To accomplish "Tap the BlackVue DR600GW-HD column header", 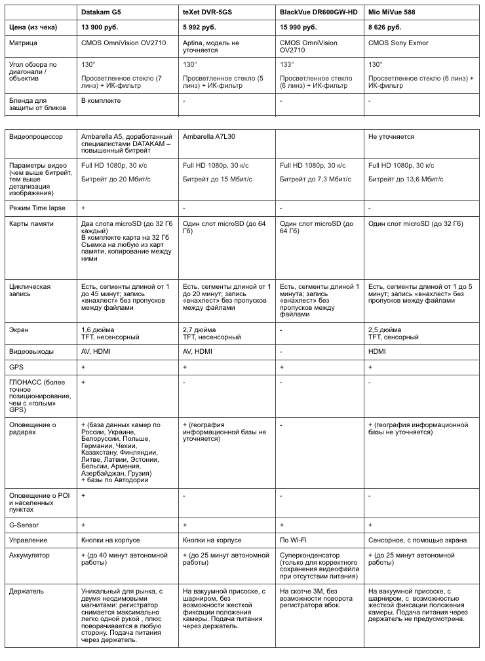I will [319, 12].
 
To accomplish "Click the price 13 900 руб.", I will [102, 28].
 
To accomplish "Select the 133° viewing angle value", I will [286, 65].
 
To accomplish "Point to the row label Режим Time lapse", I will [37, 208].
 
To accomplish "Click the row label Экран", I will [19, 330].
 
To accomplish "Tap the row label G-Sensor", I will [25, 525].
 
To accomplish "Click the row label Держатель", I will [27, 591].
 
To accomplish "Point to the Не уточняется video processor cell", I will [391, 137].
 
